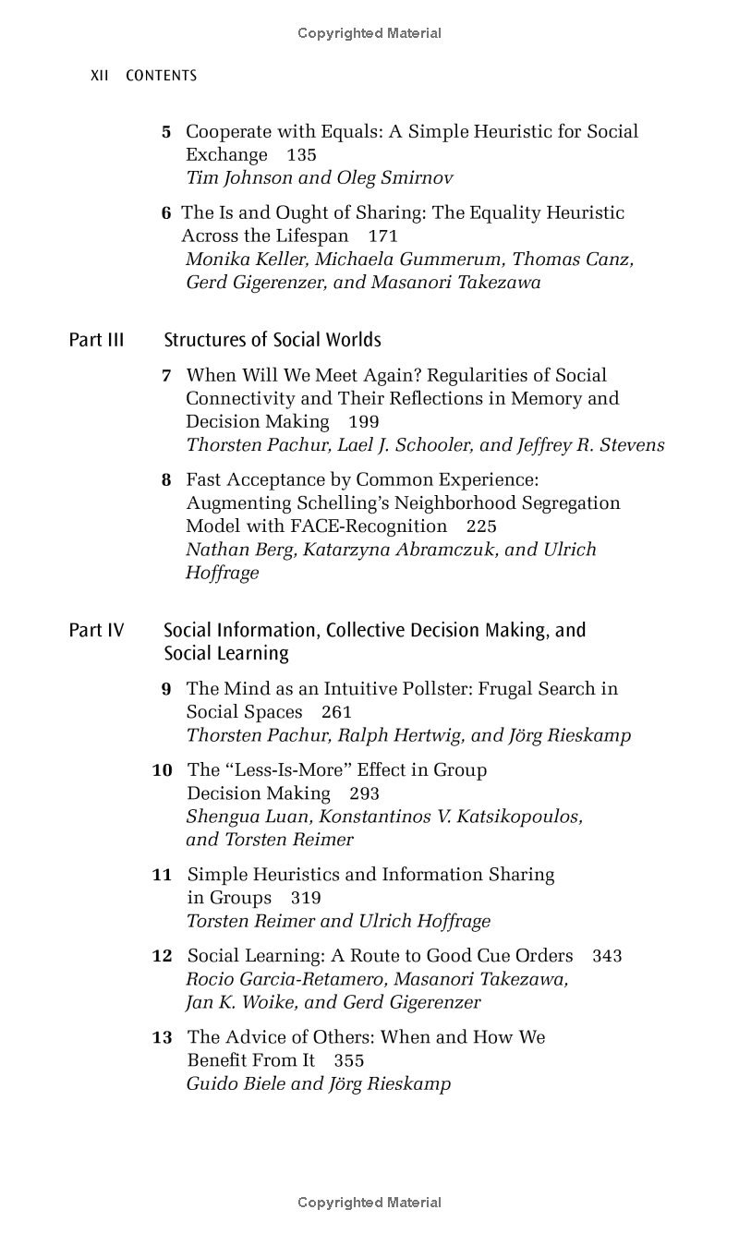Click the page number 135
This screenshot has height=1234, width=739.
[x=301, y=155]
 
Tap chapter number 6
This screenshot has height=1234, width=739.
[x=166, y=213]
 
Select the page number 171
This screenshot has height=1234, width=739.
[x=382, y=236]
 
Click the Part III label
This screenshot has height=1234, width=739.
[x=96, y=340]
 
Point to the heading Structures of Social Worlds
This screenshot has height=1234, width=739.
[x=273, y=340]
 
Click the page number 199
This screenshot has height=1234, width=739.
[x=363, y=422]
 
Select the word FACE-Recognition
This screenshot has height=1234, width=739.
[x=369, y=526]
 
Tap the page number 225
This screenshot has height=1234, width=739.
[x=481, y=526]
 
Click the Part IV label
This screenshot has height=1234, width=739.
[x=96, y=630]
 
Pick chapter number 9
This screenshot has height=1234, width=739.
[x=166, y=689]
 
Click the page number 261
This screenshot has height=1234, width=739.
[x=336, y=712]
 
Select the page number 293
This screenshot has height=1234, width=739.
[x=364, y=793]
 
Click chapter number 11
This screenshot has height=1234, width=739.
[x=162, y=875]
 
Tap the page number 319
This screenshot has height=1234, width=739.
[x=306, y=898]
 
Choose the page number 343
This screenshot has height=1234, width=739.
[x=607, y=956]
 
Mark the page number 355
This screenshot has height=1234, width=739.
[x=349, y=1061]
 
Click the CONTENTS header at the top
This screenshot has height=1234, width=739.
[x=161, y=76]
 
